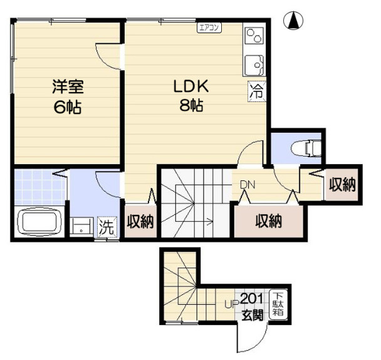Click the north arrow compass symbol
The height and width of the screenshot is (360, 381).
[293, 21]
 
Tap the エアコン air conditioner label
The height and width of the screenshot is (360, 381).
[209, 28]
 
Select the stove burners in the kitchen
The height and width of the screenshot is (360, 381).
[254, 36]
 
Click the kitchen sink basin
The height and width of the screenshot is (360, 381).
[254, 65]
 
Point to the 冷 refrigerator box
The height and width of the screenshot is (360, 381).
[257, 91]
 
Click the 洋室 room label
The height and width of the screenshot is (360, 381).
[68, 86]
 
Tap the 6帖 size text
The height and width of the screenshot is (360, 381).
[68, 107]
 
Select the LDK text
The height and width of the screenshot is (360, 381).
[191, 86]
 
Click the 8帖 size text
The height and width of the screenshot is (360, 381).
[191, 105]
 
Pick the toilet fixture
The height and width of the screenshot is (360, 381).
[306, 148]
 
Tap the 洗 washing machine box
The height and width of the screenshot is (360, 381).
[107, 227]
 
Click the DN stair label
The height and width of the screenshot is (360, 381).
[248, 185]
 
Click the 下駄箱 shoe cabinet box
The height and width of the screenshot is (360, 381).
[278, 304]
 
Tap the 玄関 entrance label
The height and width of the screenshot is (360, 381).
[253, 316]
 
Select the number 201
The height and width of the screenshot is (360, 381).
[252, 299]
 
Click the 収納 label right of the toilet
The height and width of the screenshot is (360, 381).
[342, 185]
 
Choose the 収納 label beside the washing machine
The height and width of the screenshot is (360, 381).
[140, 222]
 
